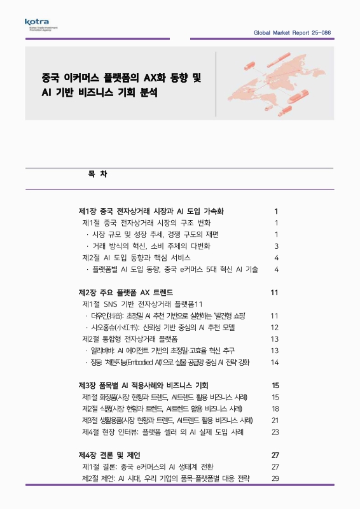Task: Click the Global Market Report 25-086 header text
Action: [x=292, y=32]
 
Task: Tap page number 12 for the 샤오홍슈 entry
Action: [x=275, y=328]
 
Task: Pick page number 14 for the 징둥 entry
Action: [x=275, y=363]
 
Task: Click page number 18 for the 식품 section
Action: [x=275, y=409]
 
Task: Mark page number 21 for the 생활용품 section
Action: [x=275, y=421]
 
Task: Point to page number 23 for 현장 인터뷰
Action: [x=275, y=432]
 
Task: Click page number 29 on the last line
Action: [x=275, y=478]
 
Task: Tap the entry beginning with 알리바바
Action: [x=163, y=351]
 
